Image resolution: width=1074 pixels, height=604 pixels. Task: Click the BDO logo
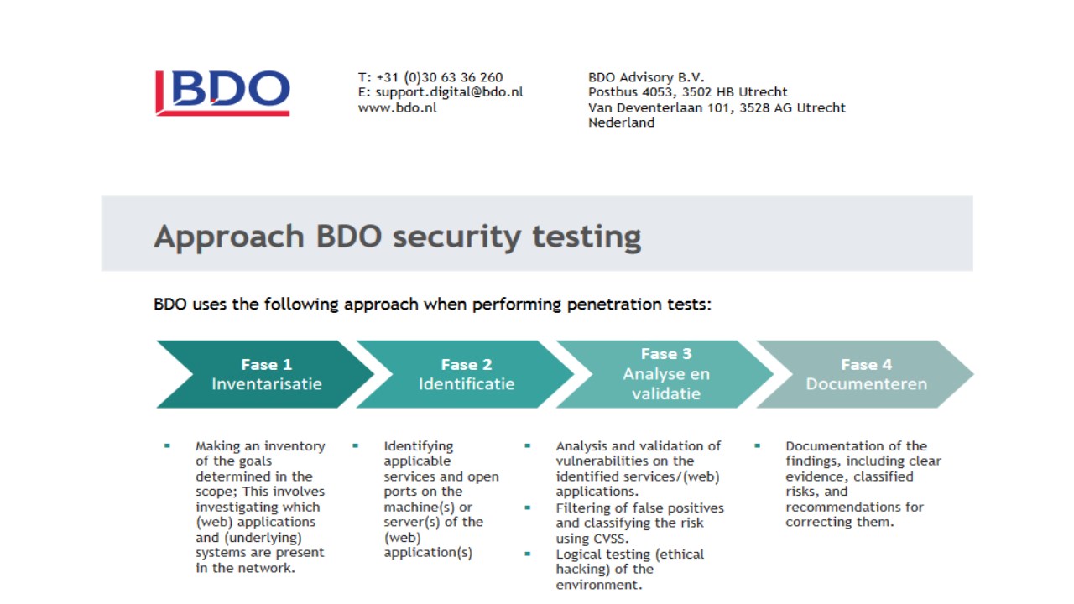pos(222,93)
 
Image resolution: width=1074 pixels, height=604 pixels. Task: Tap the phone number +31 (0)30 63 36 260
pos(440,77)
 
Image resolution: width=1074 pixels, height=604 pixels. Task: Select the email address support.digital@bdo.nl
pos(449,92)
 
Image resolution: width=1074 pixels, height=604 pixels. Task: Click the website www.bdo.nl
pos(398,107)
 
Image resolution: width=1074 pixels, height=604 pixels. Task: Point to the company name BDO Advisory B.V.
pos(646,77)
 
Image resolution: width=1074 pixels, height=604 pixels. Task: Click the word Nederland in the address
pos(622,122)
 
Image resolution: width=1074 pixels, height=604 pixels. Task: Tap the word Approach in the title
pos(229,237)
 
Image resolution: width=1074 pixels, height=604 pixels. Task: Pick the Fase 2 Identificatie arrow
pos(466,374)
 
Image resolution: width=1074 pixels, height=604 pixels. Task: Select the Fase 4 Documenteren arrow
pos(866,374)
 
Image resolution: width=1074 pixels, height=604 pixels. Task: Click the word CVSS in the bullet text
pos(608,539)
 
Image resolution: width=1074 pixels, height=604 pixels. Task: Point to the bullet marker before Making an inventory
pos(167,445)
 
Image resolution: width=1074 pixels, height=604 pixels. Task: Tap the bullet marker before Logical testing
pos(528,555)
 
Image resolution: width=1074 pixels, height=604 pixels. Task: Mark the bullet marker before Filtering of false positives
pos(528,508)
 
